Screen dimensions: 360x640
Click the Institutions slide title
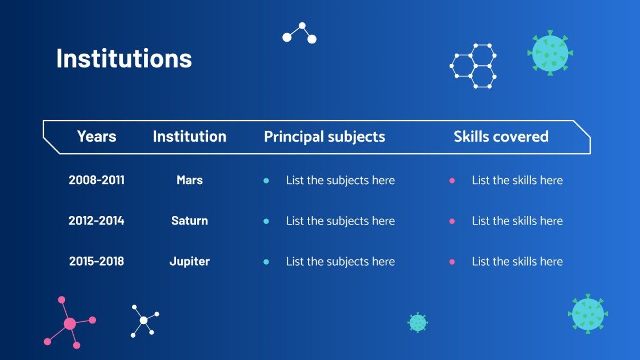click(124, 58)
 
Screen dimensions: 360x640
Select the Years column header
click(97, 137)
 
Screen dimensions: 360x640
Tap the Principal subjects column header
click(324, 137)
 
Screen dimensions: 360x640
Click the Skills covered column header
click(501, 137)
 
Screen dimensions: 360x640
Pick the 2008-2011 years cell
click(97, 180)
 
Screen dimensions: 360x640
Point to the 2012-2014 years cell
click(97, 221)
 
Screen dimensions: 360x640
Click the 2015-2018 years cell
click(97, 261)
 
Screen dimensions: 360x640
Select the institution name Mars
click(190, 180)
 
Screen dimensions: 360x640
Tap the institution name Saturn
click(190, 221)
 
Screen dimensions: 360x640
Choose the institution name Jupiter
click(190, 261)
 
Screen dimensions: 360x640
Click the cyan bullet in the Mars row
click(266, 181)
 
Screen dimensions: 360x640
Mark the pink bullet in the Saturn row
click(452, 221)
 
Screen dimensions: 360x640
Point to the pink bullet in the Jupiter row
click(452, 262)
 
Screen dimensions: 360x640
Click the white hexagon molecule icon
click(473, 66)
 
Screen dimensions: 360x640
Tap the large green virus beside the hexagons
click(550, 53)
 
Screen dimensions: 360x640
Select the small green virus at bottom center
click(418, 322)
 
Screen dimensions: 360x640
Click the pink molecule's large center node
click(70, 324)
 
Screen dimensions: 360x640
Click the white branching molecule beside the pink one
click(144, 320)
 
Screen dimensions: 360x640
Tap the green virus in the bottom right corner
click(587, 314)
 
